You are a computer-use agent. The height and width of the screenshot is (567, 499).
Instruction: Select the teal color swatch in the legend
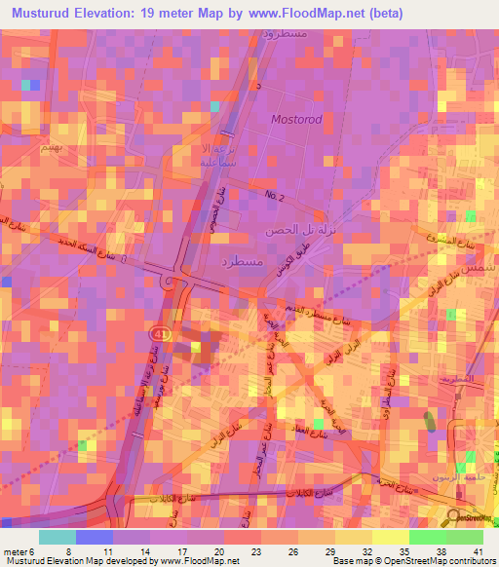[58, 536]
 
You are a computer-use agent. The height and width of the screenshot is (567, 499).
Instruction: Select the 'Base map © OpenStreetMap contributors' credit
[412, 560]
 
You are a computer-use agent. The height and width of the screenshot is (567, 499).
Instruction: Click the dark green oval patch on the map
[431, 424]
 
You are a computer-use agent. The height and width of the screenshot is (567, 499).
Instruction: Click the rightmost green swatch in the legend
[465, 536]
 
